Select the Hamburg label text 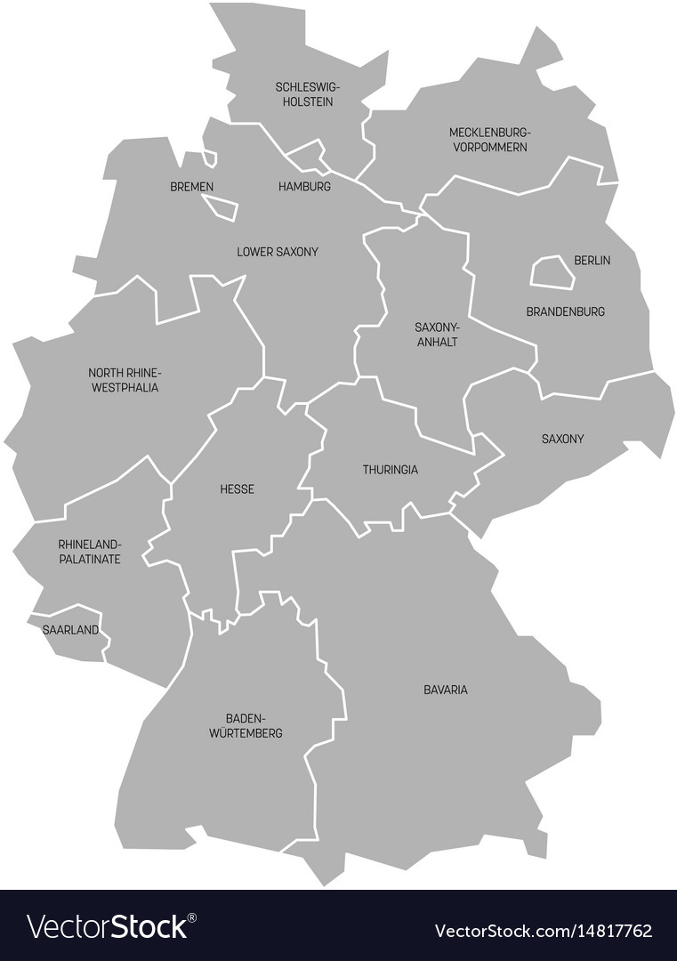tap(304, 187)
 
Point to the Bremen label tap(191, 187)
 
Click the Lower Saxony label tap(278, 252)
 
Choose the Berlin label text tap(592, 261)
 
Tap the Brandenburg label tap(566, 311)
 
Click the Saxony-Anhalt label tap(437, 334)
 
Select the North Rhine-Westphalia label tap(125, 380)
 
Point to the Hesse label tap(237, 489)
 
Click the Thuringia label tap(390, 469)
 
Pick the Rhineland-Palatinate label tap(89, 551)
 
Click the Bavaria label tap(446, 690)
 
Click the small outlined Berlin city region tap(552, 272)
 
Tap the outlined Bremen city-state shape tap(221, 207)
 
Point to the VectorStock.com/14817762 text tap(543, 932)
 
